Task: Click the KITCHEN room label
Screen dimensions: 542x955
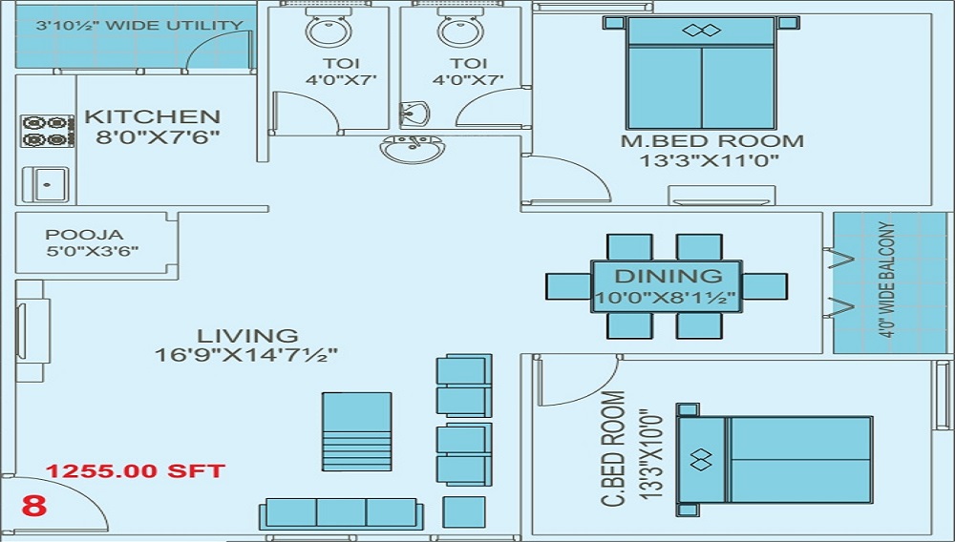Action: pyautogui.click(x=153, y=117)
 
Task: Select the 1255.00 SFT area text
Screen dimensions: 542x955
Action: pyautogui.click(x=137, y=471)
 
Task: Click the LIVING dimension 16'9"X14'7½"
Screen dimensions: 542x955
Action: pyautogui.click(x=247, y=355)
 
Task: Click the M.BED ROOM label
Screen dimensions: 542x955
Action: pyautogui.click(x=712, y=141)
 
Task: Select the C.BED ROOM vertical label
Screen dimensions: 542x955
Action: pyautogui.click(x=614, y=448)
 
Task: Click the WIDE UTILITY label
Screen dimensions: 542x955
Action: pyautogui.click(x=139, y=27)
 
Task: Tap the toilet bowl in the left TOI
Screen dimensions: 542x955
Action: pyautogui.click(x=329, y=29)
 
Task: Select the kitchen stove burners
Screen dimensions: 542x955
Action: pyautogui.click(x=46, y=131)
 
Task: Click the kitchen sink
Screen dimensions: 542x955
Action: pyautogui.click(x=48, y=183)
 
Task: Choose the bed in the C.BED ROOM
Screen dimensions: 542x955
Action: pyautogui.click(x=774, y=458)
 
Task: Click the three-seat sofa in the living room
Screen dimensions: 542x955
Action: pyautogui.click(x=341, y=512)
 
